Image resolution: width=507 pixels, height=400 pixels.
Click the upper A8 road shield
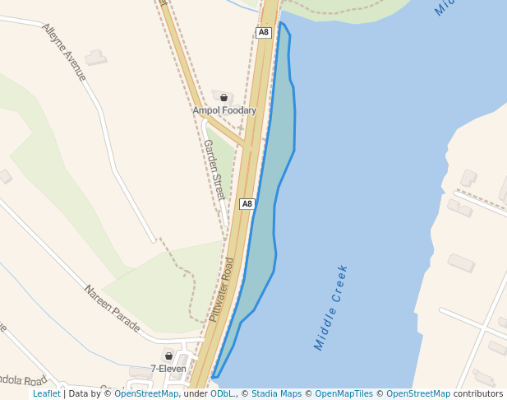point(263,33)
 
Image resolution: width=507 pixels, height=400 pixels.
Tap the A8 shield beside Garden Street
point(247,203)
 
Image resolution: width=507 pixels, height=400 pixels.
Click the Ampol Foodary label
point(224,110)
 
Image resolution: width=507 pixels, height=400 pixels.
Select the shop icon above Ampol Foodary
point(224,98)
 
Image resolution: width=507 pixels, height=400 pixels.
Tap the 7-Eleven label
point(168,369)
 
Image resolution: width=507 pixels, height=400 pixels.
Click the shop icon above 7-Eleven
point(168,356)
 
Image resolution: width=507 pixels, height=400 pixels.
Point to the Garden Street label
point(214,170)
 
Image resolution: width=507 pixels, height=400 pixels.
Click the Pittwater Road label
point(221,289)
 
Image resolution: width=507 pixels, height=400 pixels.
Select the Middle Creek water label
point(331,307)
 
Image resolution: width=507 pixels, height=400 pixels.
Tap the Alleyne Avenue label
point(64,51)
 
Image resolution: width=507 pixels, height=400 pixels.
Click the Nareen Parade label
point(113,308)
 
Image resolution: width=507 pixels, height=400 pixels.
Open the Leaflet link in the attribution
point(47,394)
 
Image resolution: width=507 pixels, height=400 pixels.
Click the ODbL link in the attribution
point(223,394)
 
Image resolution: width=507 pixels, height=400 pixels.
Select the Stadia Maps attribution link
point(275,394)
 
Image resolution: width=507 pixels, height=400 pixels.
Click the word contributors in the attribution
point(478,394)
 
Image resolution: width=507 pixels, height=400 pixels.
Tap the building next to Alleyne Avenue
point(96,58)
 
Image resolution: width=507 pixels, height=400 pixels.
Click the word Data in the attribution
point(81,394)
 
